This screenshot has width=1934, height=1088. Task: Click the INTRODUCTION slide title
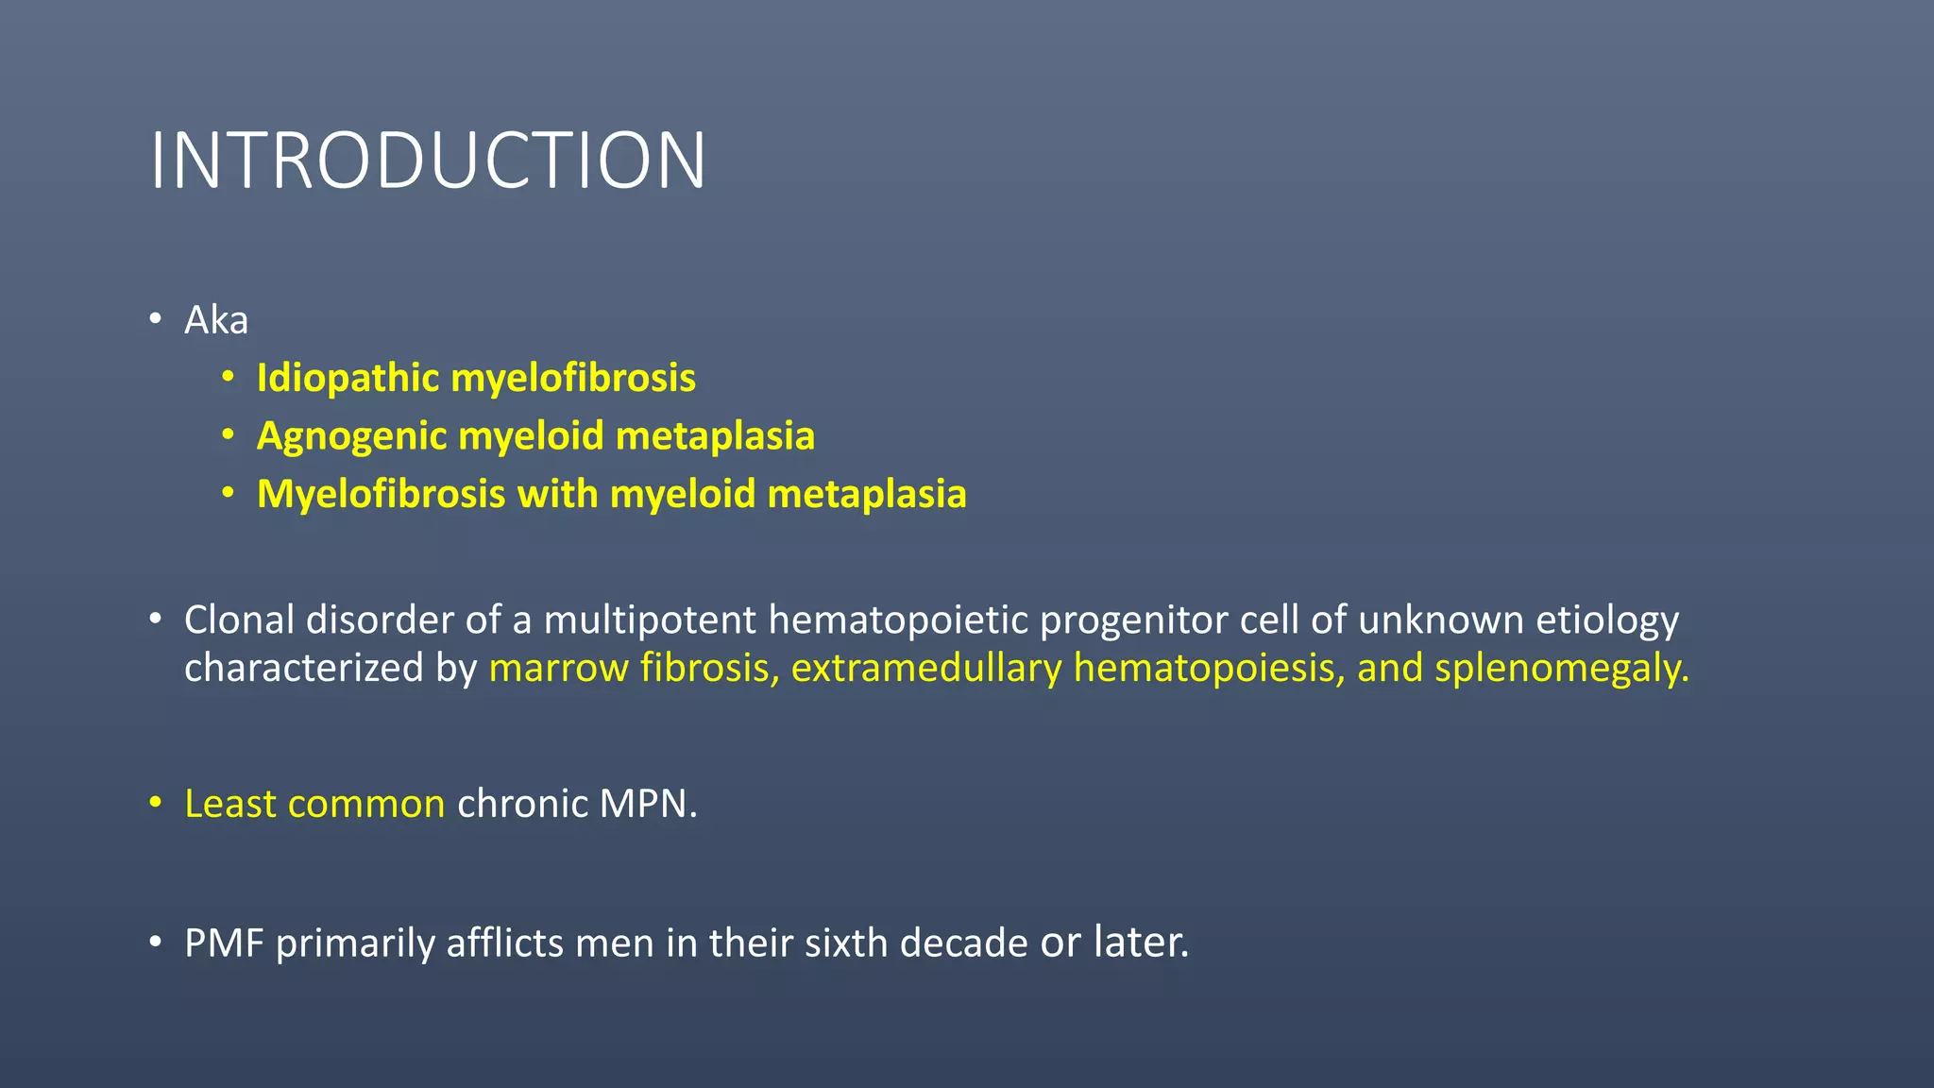pyautogui.click(x=428, y=161)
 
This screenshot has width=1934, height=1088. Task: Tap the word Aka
pyautogui.click(x=216, y=320)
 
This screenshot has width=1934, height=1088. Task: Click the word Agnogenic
pyautogui.click(x=351, y=436)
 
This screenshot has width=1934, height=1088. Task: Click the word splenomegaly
pyautogui.click(x=1560, y=669)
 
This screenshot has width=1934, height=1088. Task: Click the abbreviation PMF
pyautogui.click(x=224, y=943)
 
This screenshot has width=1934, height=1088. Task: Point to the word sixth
pyautogui.click(x=845, y=943)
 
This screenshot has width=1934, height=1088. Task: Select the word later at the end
pyautogui.click(x=1141, y=942)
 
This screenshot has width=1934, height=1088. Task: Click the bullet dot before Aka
pyautogui.click(x=156, y=319)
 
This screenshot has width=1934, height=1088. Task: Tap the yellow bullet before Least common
pyautogui.click(x=156, y=804)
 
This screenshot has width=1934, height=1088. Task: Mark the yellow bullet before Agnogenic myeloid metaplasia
pyautogui.click(x=228, y=435)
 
